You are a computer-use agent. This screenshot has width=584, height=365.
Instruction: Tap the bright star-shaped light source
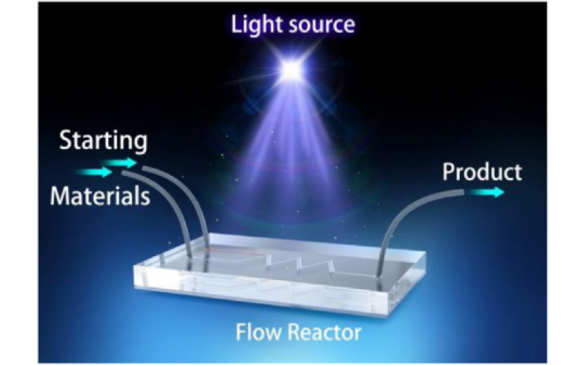291,70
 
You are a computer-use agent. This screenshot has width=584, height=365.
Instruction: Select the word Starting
103,140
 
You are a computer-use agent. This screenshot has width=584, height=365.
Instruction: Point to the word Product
483,172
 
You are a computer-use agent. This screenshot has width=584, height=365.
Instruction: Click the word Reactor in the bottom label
320,334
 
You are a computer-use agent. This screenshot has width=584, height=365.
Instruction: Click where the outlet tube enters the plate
379,277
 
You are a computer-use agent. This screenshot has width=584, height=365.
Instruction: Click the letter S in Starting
66,140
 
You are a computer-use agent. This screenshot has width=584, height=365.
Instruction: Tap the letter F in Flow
241,334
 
